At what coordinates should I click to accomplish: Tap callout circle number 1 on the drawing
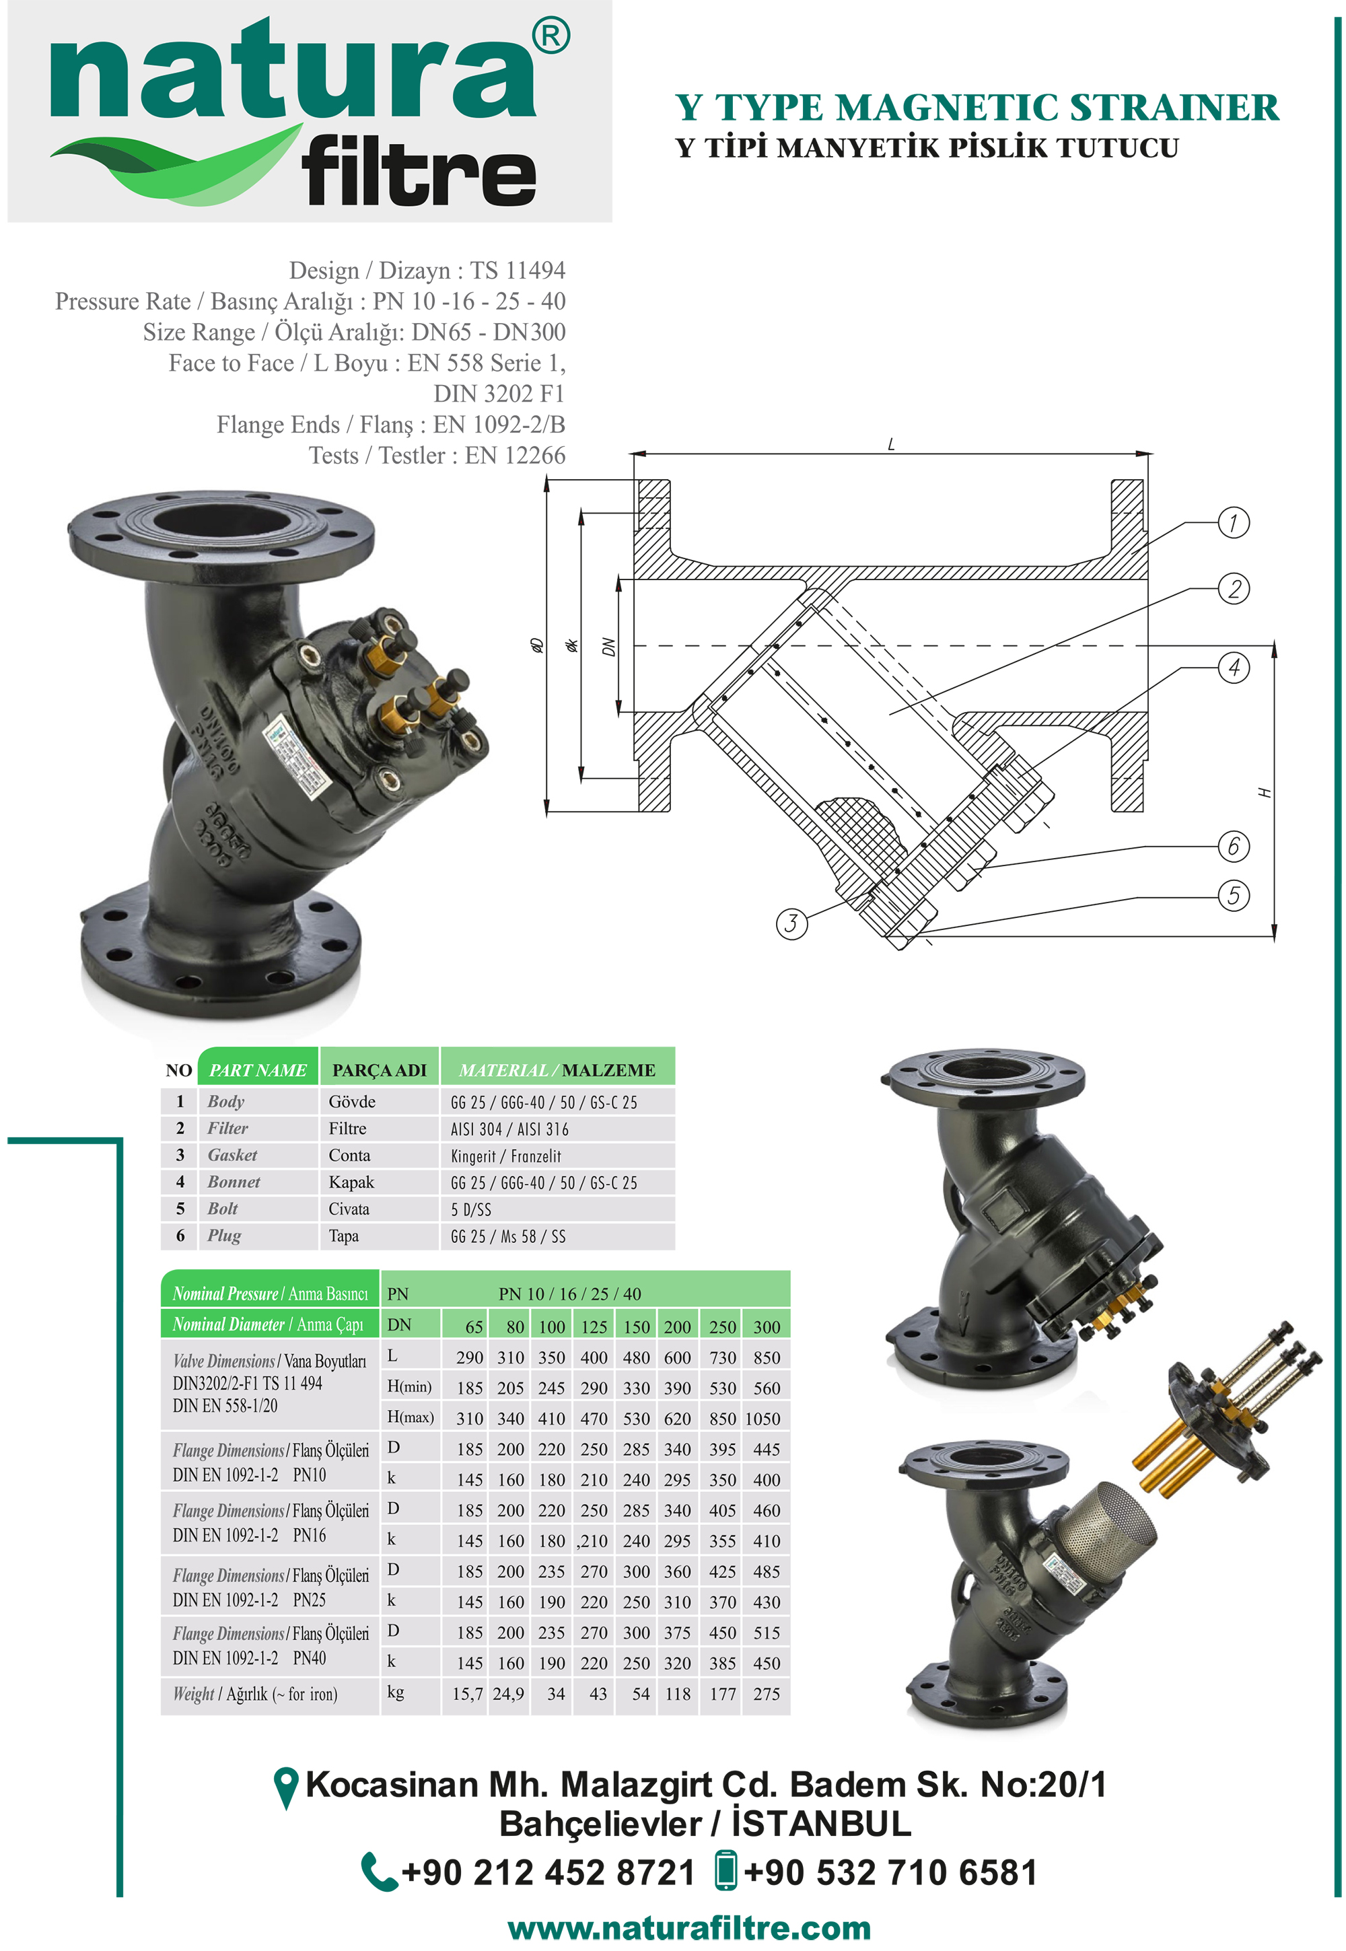point(1233,523)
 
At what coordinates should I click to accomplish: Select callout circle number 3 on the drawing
point(791,923)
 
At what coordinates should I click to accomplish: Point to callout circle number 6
point(1233,846)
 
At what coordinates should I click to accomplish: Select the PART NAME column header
point(258,1069)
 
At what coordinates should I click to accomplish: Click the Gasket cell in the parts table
point(232,1155)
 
